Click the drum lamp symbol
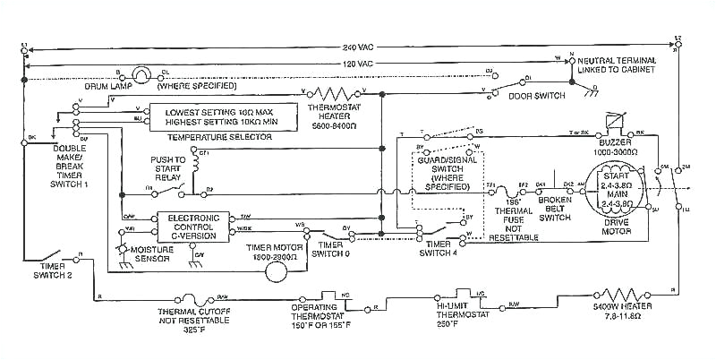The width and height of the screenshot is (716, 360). coord(141,73)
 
